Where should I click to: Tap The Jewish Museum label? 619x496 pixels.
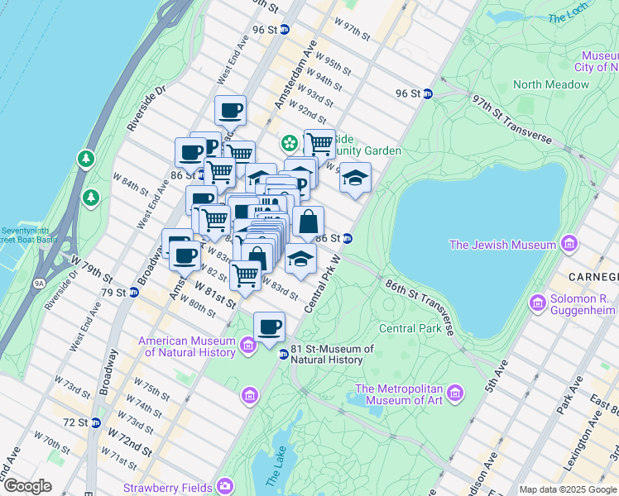click(x=502, y=245)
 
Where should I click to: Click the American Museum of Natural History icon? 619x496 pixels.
click(x=248, y=346)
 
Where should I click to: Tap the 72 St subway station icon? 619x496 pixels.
click(x=95, y=422)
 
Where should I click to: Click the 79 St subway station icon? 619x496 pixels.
click(x=132, y=293)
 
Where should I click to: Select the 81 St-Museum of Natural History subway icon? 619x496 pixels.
click(x=283, y=355)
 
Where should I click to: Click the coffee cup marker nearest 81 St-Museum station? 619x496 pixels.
click(x=269, y=327)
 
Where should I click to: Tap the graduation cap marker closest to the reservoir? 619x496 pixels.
click(x=355, y=178)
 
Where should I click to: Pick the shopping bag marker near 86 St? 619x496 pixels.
click(x=308, y=222)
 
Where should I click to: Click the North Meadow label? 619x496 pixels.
click(x=551, y=84)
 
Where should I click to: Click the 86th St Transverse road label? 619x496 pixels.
click(x=420, y=306)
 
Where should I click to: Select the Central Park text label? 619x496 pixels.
click(x=410, y=328)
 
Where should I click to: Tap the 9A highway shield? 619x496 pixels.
click(x=38, y=283)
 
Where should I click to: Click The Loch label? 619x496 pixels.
click(x=568, y=17)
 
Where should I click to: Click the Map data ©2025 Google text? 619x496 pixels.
click(x=568, y=489)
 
